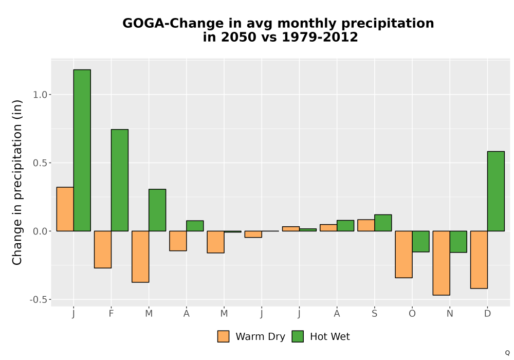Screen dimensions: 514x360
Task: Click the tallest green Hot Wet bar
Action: [82, 150]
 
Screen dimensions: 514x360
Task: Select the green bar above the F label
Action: [120, 180]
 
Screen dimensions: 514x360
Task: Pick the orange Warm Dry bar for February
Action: [103, 249]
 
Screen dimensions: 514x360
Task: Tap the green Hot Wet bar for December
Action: [496, 191]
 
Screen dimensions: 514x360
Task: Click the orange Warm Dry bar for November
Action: [441, 263]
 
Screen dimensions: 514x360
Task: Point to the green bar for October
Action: [420, 241]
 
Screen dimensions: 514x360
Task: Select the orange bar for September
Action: [366, 225]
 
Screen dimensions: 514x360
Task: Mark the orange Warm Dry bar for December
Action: [479, 260]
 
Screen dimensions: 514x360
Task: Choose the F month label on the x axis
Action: [111, 314]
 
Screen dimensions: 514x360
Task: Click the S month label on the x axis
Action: [374, 314]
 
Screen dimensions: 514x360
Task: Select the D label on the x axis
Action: [487, 314]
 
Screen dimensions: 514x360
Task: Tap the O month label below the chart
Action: [412, 314]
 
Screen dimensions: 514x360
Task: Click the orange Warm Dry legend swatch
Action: [223, 336]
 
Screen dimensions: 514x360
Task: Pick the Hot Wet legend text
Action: [330, 337]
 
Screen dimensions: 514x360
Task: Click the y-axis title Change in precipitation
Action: [17, 182]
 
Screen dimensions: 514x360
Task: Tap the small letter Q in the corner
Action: [507, 353]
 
